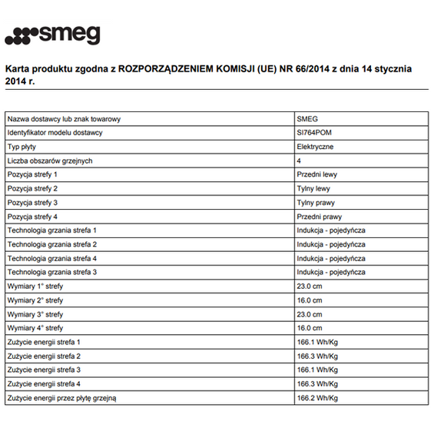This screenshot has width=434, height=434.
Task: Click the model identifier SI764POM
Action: [x=313, y=133]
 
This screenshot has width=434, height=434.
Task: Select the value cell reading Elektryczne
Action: [x=315, y=147]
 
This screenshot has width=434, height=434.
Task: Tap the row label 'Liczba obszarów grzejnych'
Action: [x=50, y=161]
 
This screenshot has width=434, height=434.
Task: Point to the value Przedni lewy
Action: [x=316, y=174]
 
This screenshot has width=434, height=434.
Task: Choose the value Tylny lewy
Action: [x=313, y=188]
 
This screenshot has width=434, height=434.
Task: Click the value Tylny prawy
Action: [x=315, y=202]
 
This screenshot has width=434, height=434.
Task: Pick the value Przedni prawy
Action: [x=318, y=217]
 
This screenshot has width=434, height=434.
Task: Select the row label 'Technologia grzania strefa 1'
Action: [x=52, y=230]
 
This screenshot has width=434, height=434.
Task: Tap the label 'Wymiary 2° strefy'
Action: [x=35, y=300]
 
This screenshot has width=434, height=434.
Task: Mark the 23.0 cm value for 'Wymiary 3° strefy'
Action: [x=310, y=314]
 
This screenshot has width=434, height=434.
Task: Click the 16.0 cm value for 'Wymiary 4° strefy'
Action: [x=310, y=328]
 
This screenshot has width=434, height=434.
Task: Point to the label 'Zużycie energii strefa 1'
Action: [x=44, y=342]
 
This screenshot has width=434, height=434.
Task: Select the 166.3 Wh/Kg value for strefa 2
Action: [x=317, y=356]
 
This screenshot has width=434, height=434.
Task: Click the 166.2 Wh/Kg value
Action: [x=317, y=398]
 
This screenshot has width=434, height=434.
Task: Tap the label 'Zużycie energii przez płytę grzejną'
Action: [x=62, y=398]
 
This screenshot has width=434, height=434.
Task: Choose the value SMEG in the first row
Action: [x=306, y=119]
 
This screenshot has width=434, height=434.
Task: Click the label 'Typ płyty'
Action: [x=22, y=147]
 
